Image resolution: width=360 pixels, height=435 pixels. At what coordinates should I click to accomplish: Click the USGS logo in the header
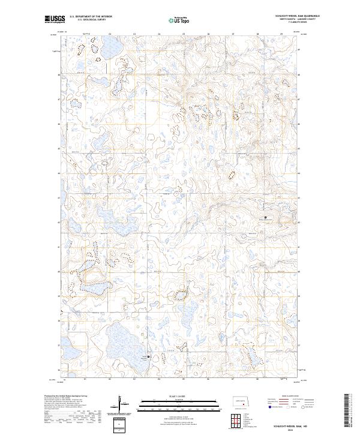(x=55, y=19)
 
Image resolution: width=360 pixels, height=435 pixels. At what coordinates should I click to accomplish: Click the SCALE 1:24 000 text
(x=180, y=396)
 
